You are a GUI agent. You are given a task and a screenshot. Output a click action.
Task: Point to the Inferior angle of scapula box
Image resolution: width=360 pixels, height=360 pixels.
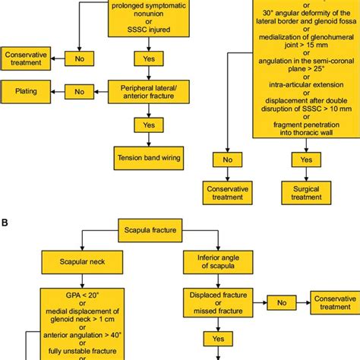(215, 265)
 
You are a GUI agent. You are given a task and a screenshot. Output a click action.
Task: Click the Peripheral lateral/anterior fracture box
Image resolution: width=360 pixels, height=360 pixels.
(144, 90)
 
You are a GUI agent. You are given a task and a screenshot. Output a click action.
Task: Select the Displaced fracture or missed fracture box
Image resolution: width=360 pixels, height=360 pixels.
(215, 302)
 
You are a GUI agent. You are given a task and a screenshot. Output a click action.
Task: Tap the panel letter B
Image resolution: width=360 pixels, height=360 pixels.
(5, 223)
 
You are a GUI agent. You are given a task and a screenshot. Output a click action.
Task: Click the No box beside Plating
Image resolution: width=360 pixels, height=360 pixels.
(79, 90)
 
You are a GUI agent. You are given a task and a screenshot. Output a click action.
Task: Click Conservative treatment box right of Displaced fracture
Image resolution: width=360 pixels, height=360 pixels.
(334, 302)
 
